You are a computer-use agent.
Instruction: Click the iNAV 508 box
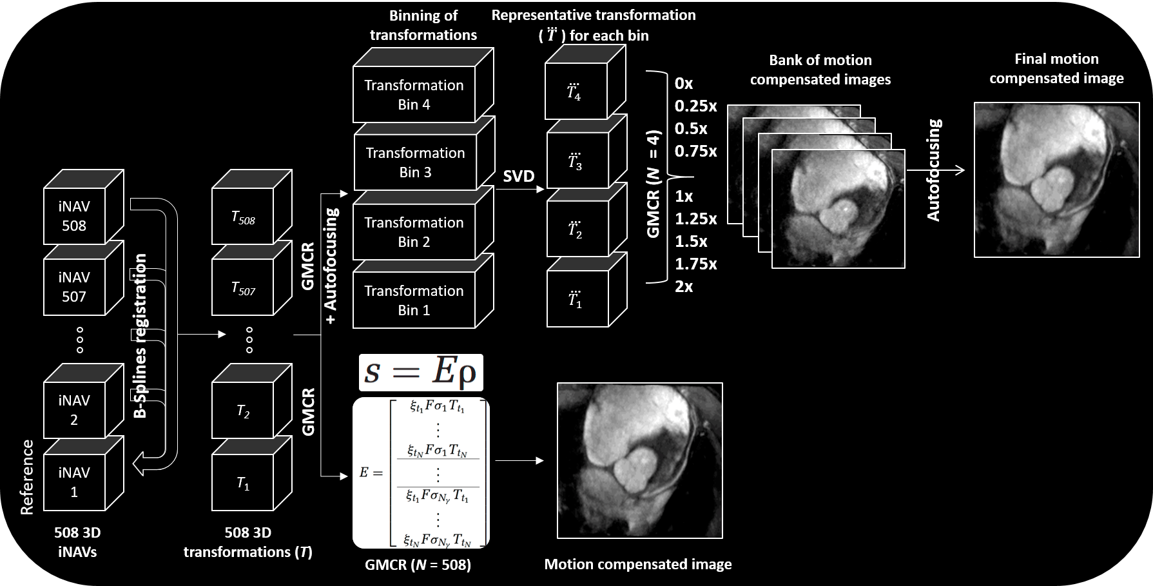pyautogui.click(x=83, y=207)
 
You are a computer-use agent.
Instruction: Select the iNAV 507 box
pyautogui.click(x=83, y=278)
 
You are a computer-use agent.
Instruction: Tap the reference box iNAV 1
pyautogui.click(x=83, y=474)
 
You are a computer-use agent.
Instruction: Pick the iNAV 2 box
pyautogui.click(x=83, y=401)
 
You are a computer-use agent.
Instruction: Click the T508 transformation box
pyautogui.click(x=251, y=207)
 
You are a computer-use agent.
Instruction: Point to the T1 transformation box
pyautogui.click(x=251, y=474)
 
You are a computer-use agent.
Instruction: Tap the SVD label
pyautogui.click(x=519, y=175)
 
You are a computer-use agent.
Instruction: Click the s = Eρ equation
pyautogui.click(x=421, y=372)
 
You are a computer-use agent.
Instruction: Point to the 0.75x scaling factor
pyautogui.click(x=696, y=151)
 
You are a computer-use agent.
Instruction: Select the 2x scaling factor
pyautogui.click(x=684, y=286)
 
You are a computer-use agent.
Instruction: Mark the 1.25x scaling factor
pyautogui.click(x=696, y=219)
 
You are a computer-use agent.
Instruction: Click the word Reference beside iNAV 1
pyautogui.click(x=26, y=477)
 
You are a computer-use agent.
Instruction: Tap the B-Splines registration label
pyautogui.click(x=140, y=335)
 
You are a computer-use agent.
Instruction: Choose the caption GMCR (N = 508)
pyautogui.click(x=418, y=565)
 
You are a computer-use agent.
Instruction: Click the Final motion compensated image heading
pyautogui.click(x=1056, y=68)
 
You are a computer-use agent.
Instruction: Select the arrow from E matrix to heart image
pyautogui.click(x=519, y=461)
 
